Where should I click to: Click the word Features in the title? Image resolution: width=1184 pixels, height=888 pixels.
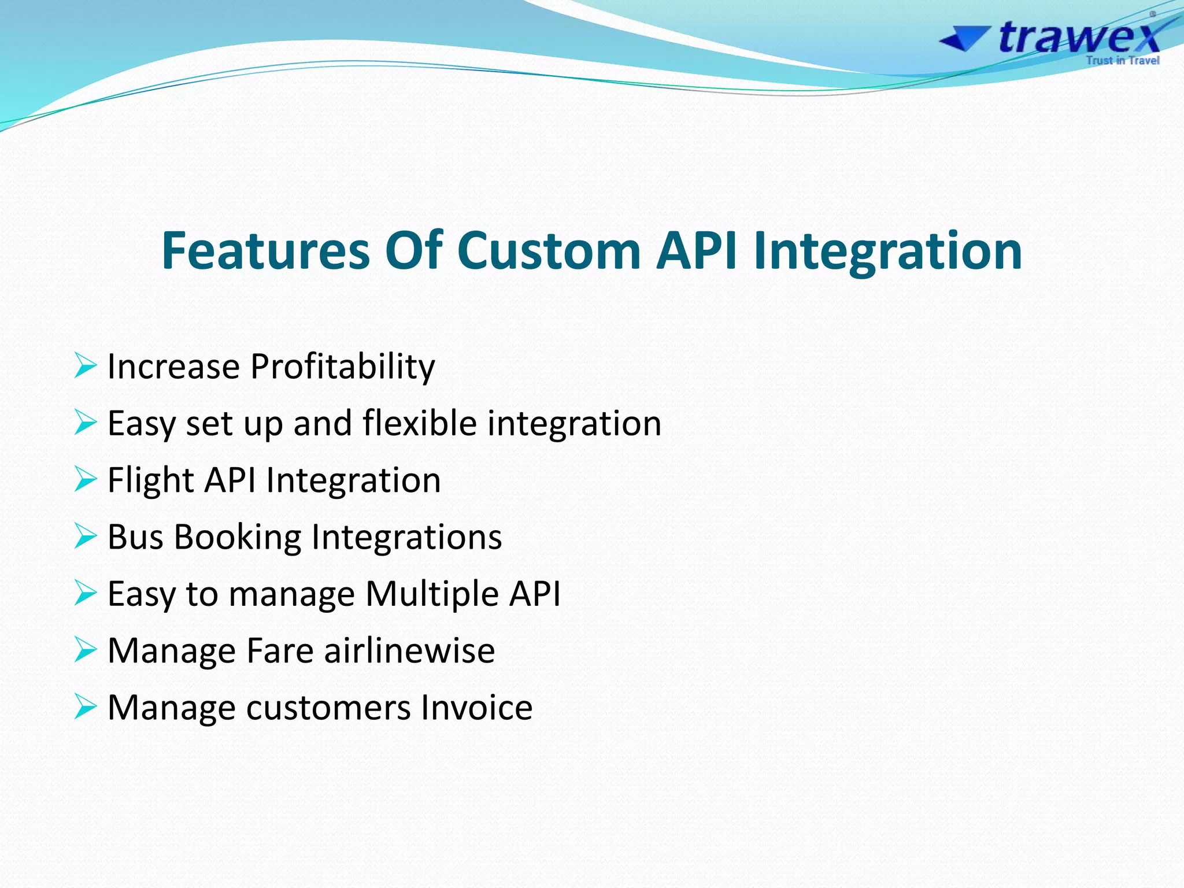click(x=265, y=250)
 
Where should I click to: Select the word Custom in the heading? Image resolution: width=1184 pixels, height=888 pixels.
click(x=549, y=250)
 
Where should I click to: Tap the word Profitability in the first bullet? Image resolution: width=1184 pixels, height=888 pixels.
click(x=342, y=367)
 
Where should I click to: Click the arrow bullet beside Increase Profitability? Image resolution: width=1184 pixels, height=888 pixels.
click(x=85, y=365)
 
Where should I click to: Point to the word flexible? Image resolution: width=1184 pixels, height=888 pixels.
click(x=420, y=423)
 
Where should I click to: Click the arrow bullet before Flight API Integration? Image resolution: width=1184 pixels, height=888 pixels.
click(x=85, y=479)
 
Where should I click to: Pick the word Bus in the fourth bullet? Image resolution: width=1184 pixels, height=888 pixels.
click(x=135, y=536)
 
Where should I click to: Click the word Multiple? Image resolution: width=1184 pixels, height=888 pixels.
click(x=432, y=594)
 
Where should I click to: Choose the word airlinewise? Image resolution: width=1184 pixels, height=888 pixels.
click(x=409, y=650)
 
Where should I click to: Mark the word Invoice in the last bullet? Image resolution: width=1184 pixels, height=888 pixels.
click(x=476, y=707)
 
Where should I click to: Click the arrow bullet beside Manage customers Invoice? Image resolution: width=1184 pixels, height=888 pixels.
click(x=85, y=706)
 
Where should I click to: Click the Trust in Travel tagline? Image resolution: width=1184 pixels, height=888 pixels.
click(x=1122, y=60)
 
